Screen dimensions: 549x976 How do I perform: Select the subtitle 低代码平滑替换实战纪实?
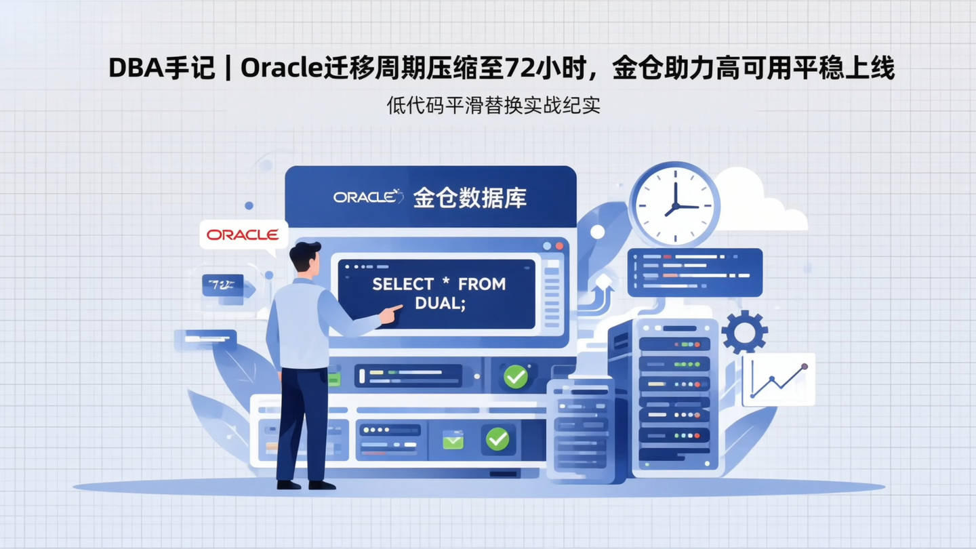pos(493,106)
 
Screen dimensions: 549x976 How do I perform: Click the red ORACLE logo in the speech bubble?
pos(243,235)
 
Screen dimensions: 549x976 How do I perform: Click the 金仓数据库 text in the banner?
pos(470,197)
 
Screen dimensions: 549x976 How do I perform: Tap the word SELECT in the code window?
pos(403,284)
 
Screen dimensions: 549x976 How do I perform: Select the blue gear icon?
pos(744,331)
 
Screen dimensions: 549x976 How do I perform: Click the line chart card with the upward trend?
pos(778,380)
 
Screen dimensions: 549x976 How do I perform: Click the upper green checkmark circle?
pos(516,376)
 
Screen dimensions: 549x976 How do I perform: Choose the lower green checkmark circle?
pos(497,439)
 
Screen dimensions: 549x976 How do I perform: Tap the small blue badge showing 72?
pos(222,285)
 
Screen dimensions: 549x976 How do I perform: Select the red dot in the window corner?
pos(559,246)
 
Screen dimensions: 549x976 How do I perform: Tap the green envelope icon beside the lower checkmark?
pos(453,441)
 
